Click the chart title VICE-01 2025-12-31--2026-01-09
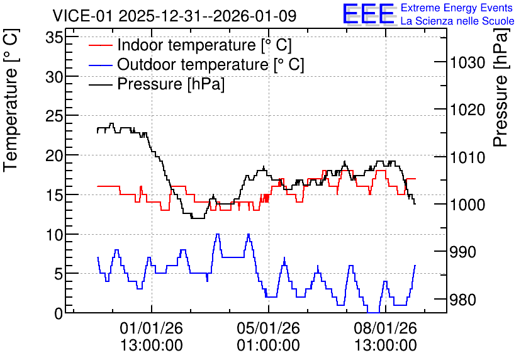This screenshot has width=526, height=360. click(x=174, y=16)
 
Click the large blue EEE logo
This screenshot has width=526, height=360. click(x=369, y=14)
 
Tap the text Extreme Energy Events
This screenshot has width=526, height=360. click(x=457, y=8)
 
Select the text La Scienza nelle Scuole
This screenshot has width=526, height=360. click(x=457, y=21)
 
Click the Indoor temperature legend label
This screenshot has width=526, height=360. click(x=204, y=45)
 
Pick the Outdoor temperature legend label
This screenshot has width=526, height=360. click(x=211, y=64)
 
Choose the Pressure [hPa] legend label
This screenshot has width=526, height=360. click(x=171, y=84)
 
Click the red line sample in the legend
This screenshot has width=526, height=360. click(x=100, y=45)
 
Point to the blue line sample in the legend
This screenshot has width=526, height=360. click(x=100, y=65)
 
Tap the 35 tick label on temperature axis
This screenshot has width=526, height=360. click(x=54, y=37)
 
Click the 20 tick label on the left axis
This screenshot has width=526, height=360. click(x=54, y=155)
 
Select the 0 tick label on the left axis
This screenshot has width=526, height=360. click(x=59, y=313)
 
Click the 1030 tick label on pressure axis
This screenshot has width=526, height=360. click(x=467, y=63)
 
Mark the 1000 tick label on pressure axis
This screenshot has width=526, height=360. click(x=467, y=205)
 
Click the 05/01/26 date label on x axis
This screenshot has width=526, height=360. click(x=269, y=328)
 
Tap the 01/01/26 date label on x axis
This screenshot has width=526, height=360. click(x=151, y=328)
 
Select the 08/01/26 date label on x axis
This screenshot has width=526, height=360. click(x=386, y=328)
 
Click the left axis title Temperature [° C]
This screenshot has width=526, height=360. click(x=11, y=101)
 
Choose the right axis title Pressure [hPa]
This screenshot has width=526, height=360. click(x=501, y=87)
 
